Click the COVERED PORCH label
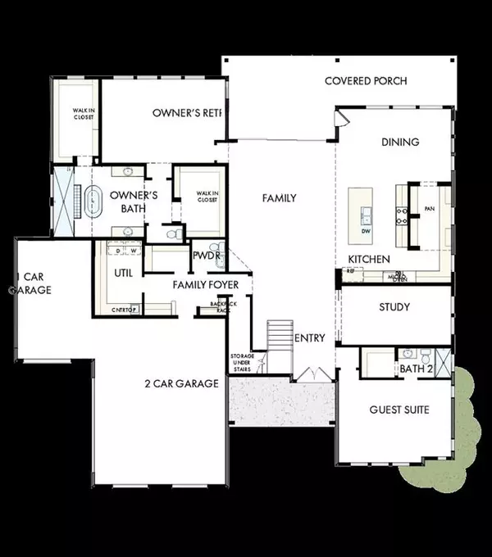(x=366, y=80)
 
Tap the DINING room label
(x=400, y=142)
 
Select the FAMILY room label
(x=279, y=198)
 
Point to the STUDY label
(x=394, y=308)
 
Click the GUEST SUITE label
(x=399, y=410)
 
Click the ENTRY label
(x=310, y=338)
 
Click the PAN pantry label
(x=429, y=210)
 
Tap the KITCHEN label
(x=363, y=259)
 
